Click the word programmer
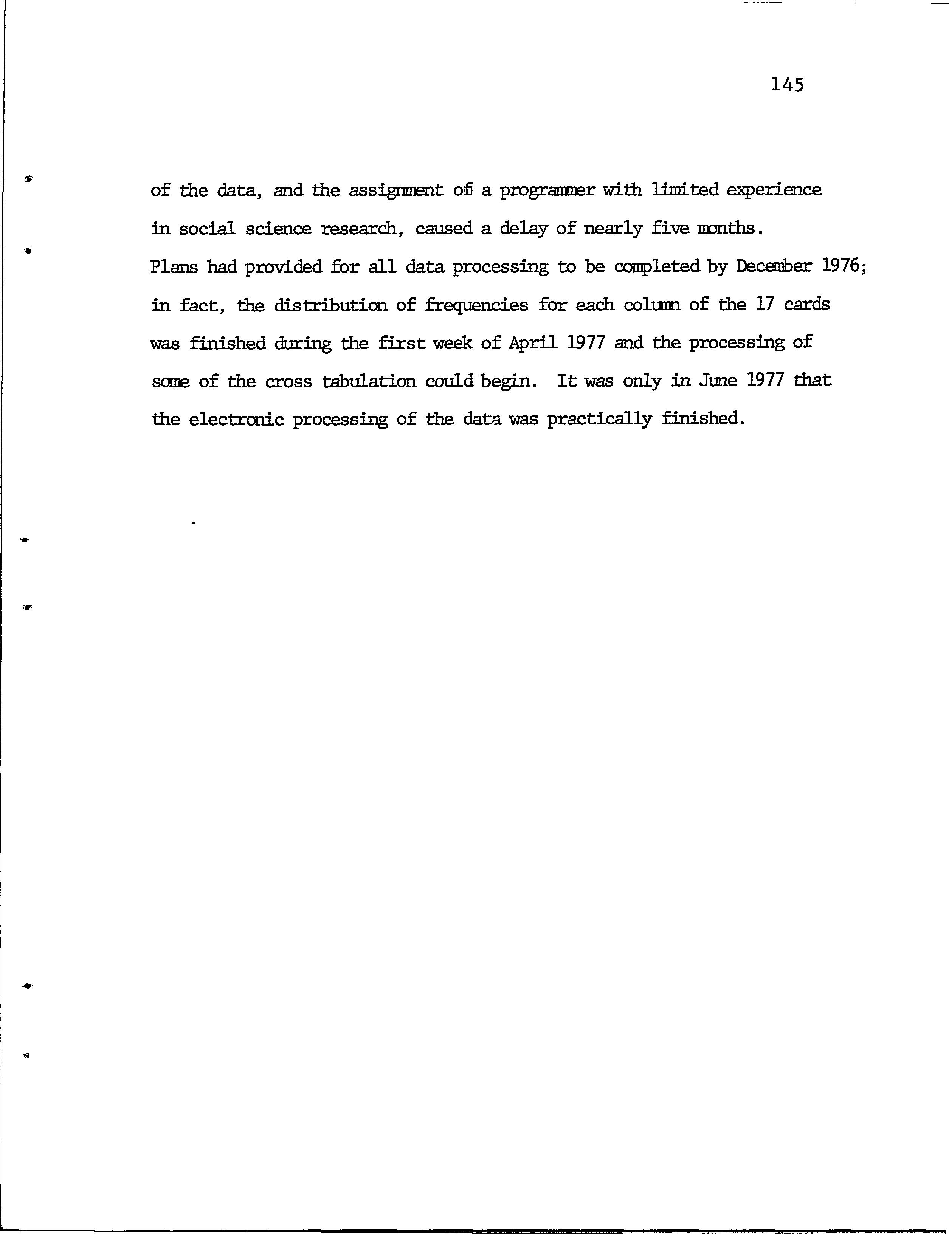pos(545,190)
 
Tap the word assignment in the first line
pos(395,191)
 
